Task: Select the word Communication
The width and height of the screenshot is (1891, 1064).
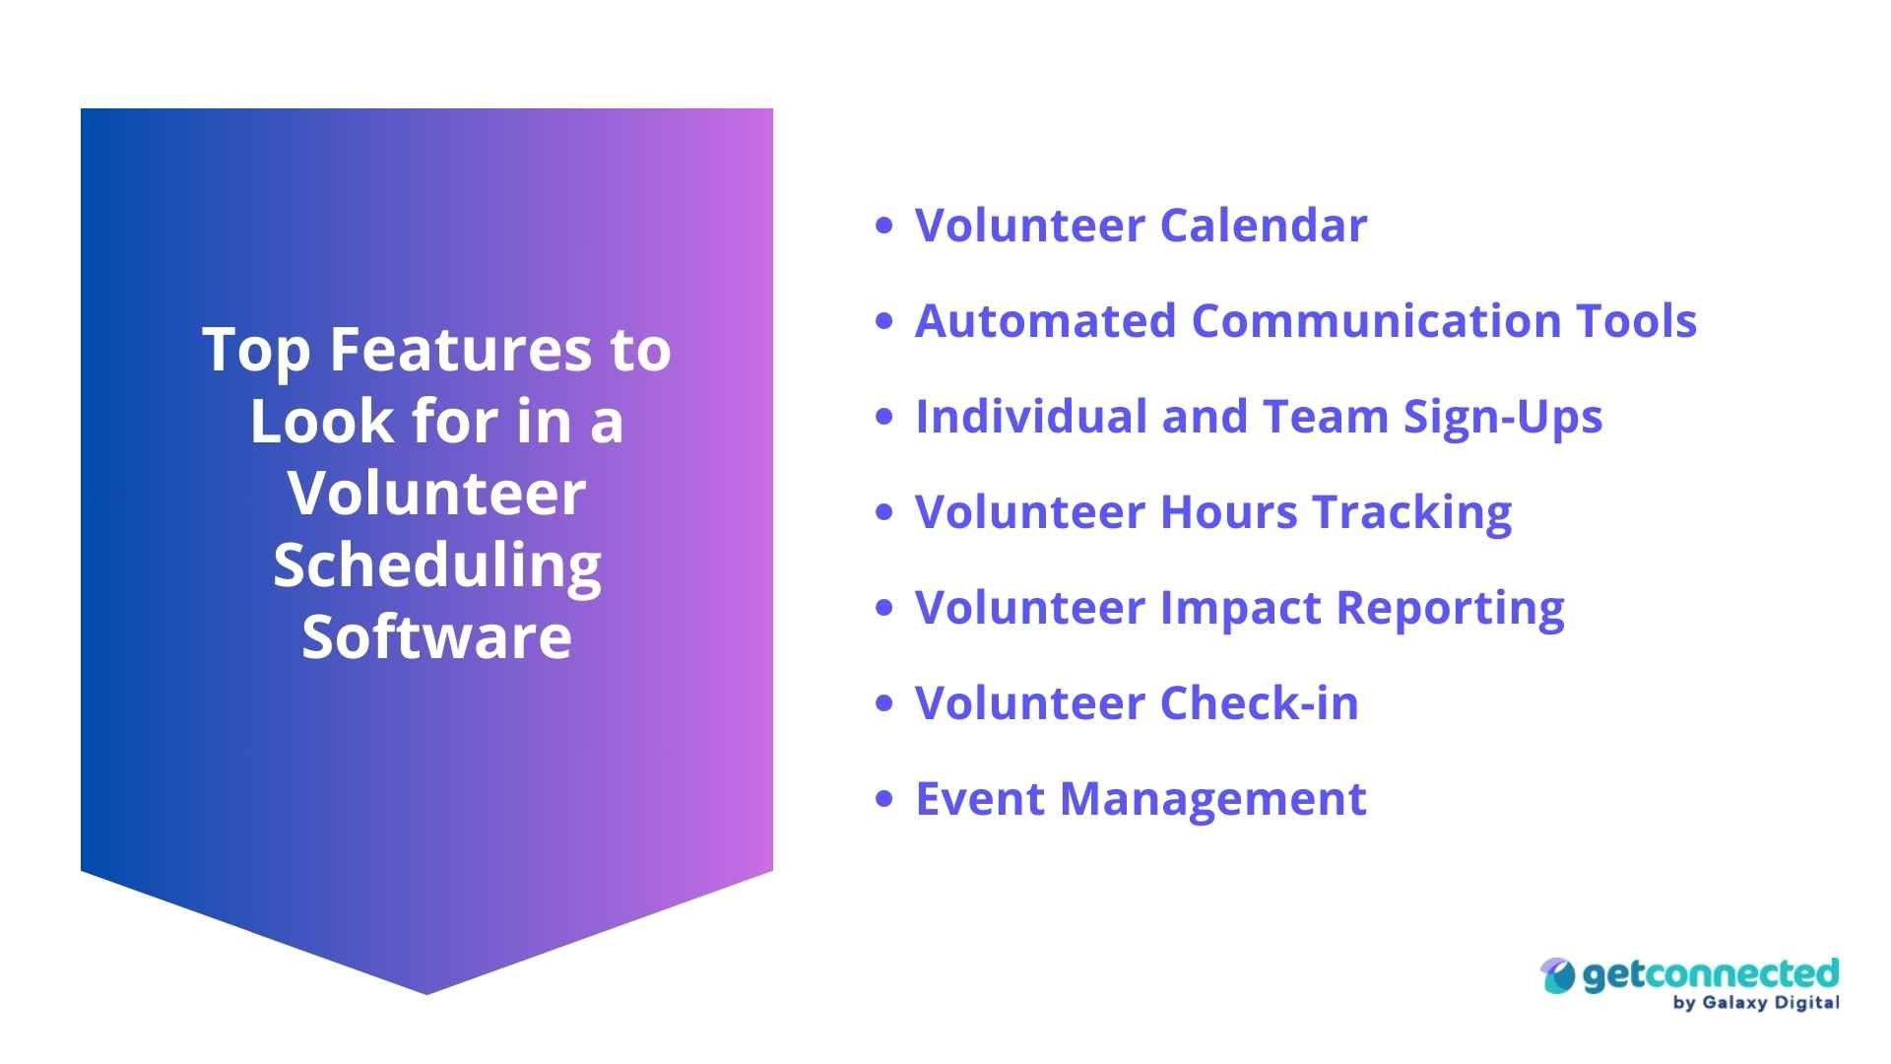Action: coord(1375,321)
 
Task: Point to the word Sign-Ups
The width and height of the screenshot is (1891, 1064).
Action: coord(1503,417)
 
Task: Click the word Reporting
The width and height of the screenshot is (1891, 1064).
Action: coord(1450,609)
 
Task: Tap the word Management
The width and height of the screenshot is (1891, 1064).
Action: coord(1212,799)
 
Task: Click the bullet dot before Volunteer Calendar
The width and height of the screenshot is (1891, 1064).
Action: coord(883,226)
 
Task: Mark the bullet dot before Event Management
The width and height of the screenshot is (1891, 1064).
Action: coord(883,799)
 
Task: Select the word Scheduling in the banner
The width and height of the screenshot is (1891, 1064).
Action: coord(436,565)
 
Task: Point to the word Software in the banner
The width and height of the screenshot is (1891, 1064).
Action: coord(436,636)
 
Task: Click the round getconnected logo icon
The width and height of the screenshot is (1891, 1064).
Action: coord(1558,976)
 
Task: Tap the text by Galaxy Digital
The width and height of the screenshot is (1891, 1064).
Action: coord(1755,1003)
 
